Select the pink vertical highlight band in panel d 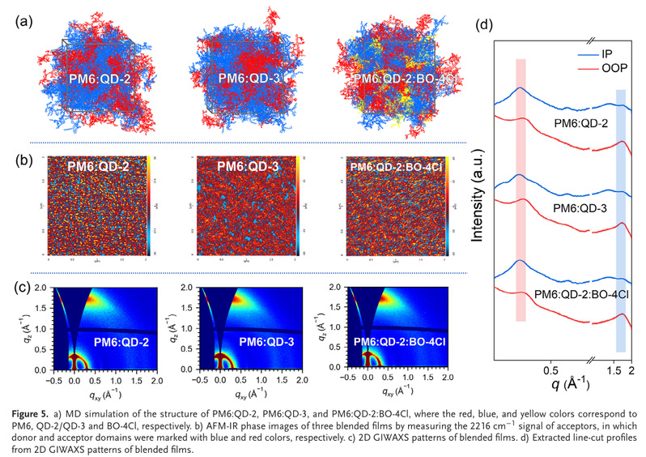point(521,190)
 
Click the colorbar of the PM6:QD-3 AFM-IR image point(298,207)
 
